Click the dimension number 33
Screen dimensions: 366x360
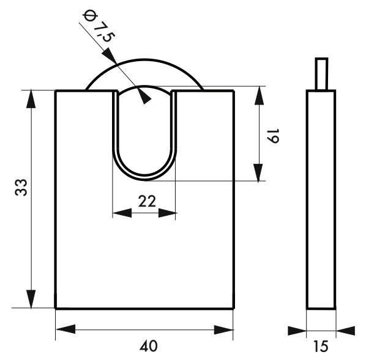coord(21,187)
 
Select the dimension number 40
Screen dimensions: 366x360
coord(149,346)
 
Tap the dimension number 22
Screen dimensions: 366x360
coord(147,202)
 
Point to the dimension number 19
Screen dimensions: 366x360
coord(272,136)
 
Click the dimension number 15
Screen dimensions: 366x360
coord(321,346)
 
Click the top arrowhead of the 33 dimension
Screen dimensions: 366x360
coord(31,99)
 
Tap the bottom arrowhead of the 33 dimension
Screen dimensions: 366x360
coord(31,299)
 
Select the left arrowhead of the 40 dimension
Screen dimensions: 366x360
coord(66,329)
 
